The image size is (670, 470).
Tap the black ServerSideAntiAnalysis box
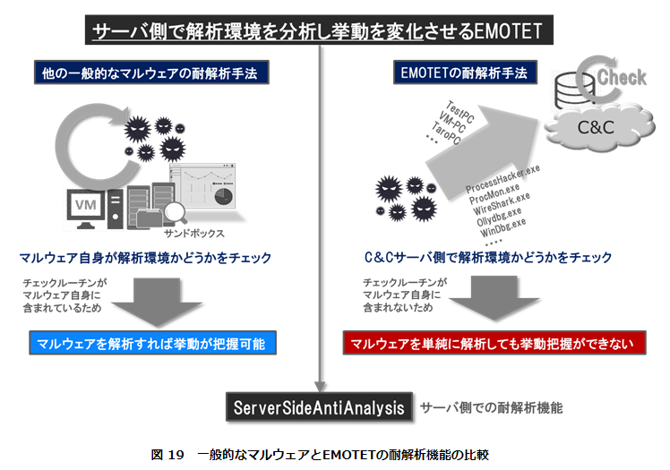[x=320, y=406]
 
